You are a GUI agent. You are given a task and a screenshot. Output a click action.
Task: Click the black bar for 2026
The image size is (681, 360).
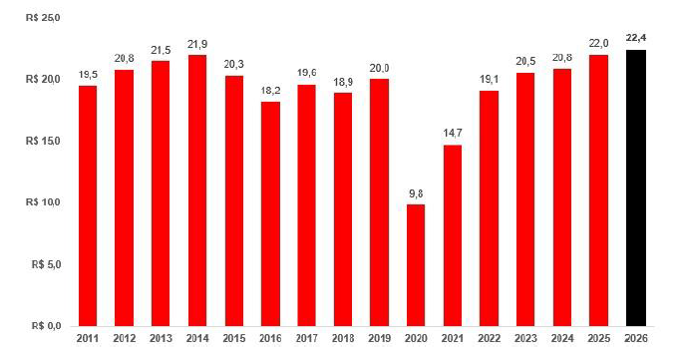pyautogui.click(x=636, y=187)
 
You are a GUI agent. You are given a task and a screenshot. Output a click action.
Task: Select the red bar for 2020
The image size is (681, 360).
pyautogui.click(x=416, y=265)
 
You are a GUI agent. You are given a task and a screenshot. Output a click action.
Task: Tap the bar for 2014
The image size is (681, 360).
pyautogui.click(x=197, y=190)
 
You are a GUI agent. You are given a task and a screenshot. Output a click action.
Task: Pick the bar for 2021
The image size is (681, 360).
pyautogui.click(x=453, y=235)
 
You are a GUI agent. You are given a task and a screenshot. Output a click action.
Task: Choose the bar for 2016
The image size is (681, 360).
pyautogui.click(x=270, y=213)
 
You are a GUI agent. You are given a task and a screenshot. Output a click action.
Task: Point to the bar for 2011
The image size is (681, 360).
pyautogui.click(x=88, y=205)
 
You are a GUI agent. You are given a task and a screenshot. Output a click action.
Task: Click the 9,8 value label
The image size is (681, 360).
pyautogui.click(x=416, y=194)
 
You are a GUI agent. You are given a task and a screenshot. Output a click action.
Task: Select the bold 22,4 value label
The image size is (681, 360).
pyautogui.click(x=636, y=38)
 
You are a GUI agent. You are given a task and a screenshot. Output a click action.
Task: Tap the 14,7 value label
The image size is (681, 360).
pyautogui.click(x=453, y=133)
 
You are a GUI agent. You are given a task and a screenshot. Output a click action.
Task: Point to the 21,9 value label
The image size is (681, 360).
pyautogui.click(x=197, y=44)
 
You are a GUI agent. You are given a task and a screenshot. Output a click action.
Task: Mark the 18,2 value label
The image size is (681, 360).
pyautogui.click(x=270, y=91)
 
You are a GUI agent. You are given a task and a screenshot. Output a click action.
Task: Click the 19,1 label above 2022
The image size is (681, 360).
pyautogui.click(x=489, y=80)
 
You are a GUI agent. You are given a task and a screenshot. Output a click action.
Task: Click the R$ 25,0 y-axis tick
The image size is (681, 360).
pyautogui.click(x=43, y=18)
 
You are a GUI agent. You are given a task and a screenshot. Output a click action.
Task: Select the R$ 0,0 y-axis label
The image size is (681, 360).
pyautogui.click(x=46, y=326)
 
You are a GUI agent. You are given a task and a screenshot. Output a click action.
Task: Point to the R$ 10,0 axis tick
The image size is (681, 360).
pyautogui.click(x=43, y=202)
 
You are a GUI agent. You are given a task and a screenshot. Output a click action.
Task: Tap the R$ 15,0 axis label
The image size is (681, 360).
pyautogui.click(x=43, y=142)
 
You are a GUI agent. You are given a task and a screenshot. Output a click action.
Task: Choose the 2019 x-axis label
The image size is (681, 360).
pyautogui.click(x=380, y=338)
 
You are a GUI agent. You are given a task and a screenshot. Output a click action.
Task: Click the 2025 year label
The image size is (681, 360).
pyautogui.click(x=599, y=338)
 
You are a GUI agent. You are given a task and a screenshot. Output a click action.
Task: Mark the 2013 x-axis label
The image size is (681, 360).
pyautogui.click(x=161, y=338)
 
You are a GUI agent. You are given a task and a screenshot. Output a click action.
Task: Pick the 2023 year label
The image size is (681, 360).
pyautogui.click(x=525, y=338)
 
